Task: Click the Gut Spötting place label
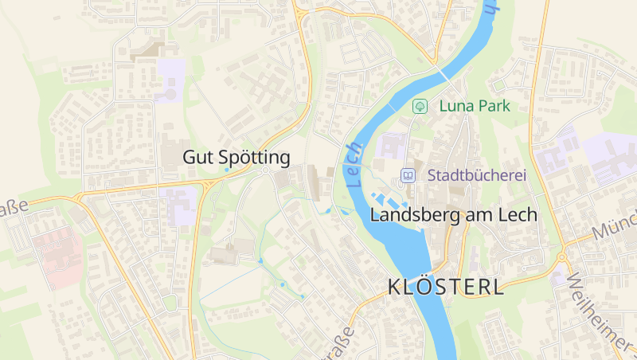[236, 157]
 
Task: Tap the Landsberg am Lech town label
[454, 215]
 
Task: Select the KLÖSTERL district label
[446, 288]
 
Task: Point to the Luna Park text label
[475, 106]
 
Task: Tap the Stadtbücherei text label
[477, 175]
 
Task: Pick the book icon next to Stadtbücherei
[408, 175]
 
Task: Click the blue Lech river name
[354, 164]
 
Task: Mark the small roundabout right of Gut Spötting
[265, 170]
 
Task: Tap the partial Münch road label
[616, 226]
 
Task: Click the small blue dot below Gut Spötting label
[226, 170]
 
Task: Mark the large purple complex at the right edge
[609, 158]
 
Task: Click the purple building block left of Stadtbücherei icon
[391, 147]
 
